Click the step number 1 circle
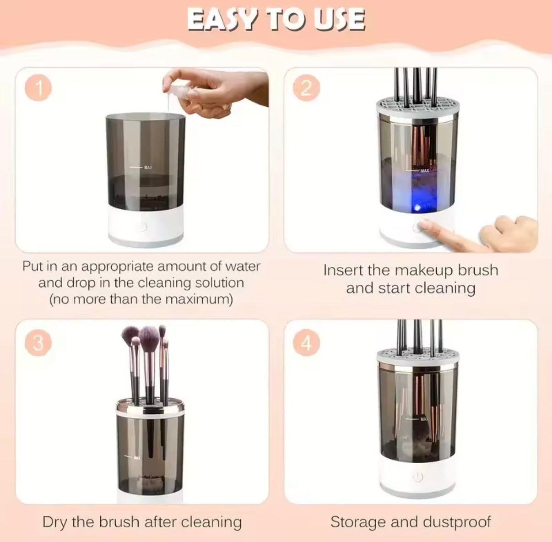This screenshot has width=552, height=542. [39, 88]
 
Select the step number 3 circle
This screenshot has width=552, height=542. [38, 342]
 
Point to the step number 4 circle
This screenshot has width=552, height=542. [306, 342]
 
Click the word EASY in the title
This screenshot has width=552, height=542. [222, 20]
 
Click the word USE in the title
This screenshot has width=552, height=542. [339, 20]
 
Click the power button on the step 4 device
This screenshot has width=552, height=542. [417, 477]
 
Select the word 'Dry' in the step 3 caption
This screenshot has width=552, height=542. [56, 522]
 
